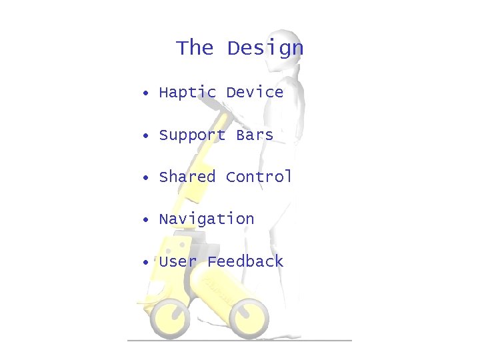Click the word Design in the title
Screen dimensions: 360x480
tap(265, 49)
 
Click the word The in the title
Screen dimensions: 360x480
tap(194, 48)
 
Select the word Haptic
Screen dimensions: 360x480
tap(187, 93)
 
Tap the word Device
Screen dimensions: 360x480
tap(255, 92)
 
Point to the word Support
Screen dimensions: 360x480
tap(192, 135)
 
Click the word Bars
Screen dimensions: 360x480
tap(255, 135)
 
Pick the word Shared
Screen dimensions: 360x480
tap(187, 177)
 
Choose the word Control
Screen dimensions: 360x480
tap(259, 177)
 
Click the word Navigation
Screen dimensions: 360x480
tap(207, 219)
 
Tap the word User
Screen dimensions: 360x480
tap(178, 261)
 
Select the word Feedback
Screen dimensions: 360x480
tap(245, 261)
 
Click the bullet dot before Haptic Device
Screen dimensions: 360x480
tap(144, 93)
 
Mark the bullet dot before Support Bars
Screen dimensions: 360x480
tap(144, 136)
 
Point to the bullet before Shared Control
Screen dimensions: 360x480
tap(144, 178)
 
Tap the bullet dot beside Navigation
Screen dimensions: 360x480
tap(144, 220)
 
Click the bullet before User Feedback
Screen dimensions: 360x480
tap(144, 262)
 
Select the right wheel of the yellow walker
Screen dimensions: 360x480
tap(249, 313)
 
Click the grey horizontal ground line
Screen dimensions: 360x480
tap(240, 340)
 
